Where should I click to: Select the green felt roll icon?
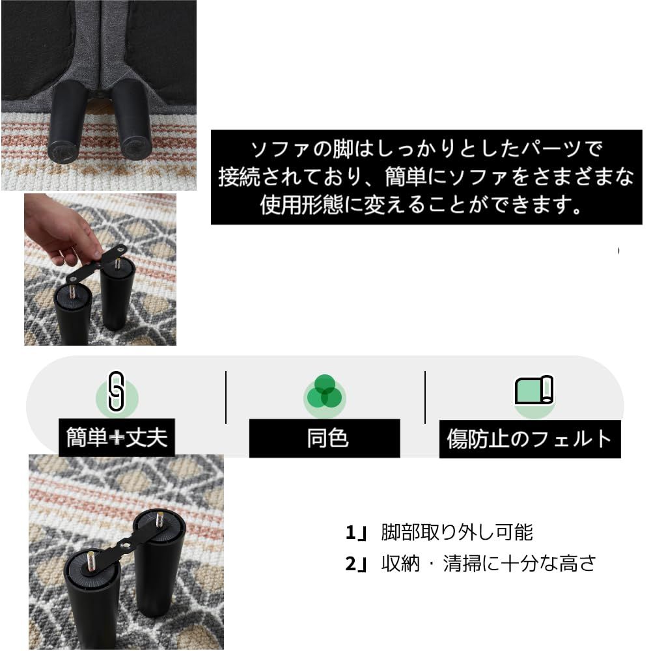(534, 391)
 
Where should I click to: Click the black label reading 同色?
(324, 438)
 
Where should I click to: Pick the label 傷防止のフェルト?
(529, 439)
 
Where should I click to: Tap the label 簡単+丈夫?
(117, 437)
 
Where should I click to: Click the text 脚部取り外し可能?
(457, 533)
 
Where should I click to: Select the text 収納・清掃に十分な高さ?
(488, 563)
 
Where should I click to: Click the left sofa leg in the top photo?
(67, 124)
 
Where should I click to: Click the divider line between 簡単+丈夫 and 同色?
(226, 397)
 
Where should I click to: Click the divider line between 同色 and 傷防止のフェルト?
(425, 397)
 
